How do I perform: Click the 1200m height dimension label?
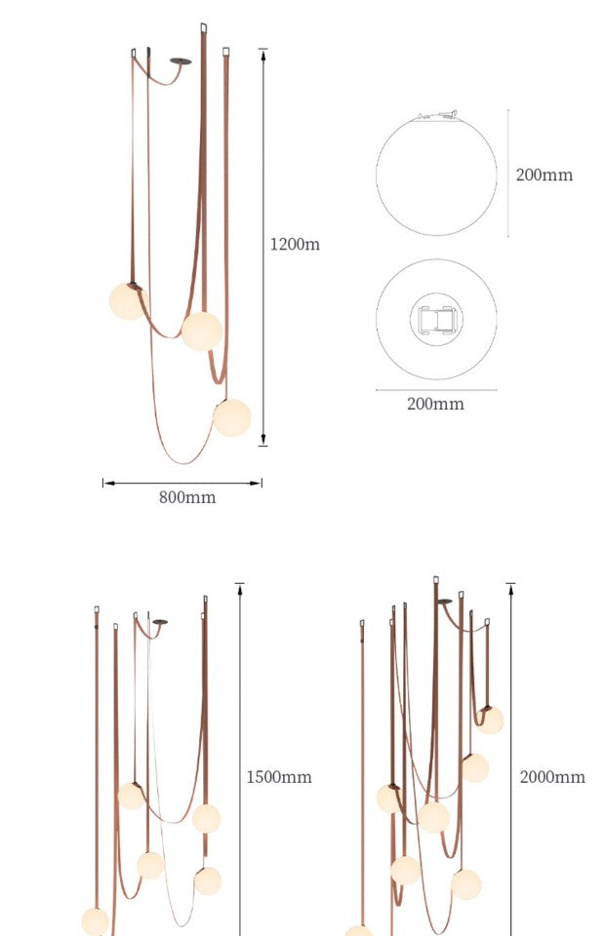295,244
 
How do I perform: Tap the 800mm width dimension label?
187,497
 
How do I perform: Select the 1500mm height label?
279,777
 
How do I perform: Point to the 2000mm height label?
552,777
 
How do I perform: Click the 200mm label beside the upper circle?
544,175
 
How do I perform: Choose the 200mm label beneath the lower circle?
435,404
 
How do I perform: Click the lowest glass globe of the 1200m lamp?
231,417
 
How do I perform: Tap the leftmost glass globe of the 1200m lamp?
127,301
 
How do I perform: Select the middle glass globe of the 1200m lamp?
202,331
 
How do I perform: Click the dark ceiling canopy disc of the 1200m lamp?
181,60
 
